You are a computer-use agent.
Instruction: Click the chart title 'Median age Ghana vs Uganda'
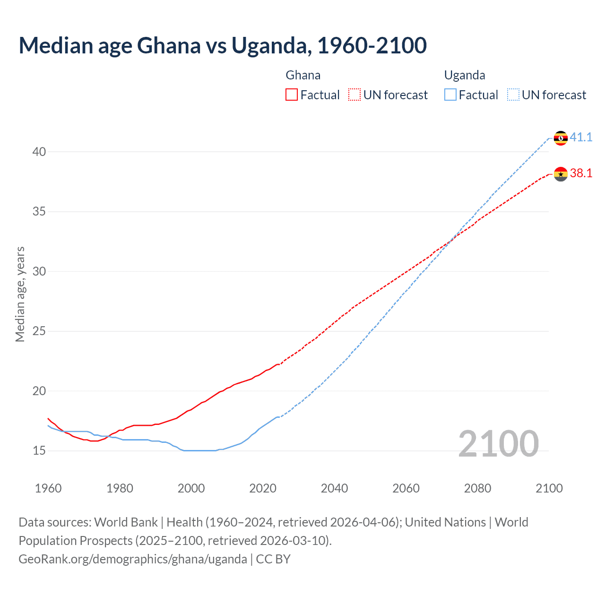[x=223, y=45]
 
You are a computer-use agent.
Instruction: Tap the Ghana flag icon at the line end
[x=561, y=174]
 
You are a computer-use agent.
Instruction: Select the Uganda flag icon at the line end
[x=561, y=138]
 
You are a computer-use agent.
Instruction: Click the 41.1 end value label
[x=581, y=137]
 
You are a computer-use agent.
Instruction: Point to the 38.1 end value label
[x=581, y=173]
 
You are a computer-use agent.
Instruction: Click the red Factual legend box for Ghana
[x=292, y=95]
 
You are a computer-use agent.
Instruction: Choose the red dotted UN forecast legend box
[x=354, y=95]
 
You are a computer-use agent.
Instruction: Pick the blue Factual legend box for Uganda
[x=450, y=95]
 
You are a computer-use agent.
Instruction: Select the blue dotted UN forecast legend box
[x=513, y=95]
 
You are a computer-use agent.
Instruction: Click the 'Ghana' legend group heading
[x=303, y=75]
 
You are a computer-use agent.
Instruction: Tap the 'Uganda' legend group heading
[x=465, y=75]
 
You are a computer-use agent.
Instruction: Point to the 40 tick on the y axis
[x=39, y=152]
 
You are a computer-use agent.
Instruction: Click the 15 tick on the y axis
[x=39, y=451]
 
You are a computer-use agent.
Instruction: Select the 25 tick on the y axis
[x=39, y=331]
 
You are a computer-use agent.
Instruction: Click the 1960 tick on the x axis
[x=48, y=488]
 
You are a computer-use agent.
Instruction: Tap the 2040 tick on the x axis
[x=334, y=488]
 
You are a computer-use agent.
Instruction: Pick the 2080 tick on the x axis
[x=477, y=488]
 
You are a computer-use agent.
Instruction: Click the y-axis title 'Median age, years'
[x=20, y=294]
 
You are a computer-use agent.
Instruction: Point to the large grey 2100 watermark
[x=498, y=443]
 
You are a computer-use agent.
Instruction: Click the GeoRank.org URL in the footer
[x=132, y=559]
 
